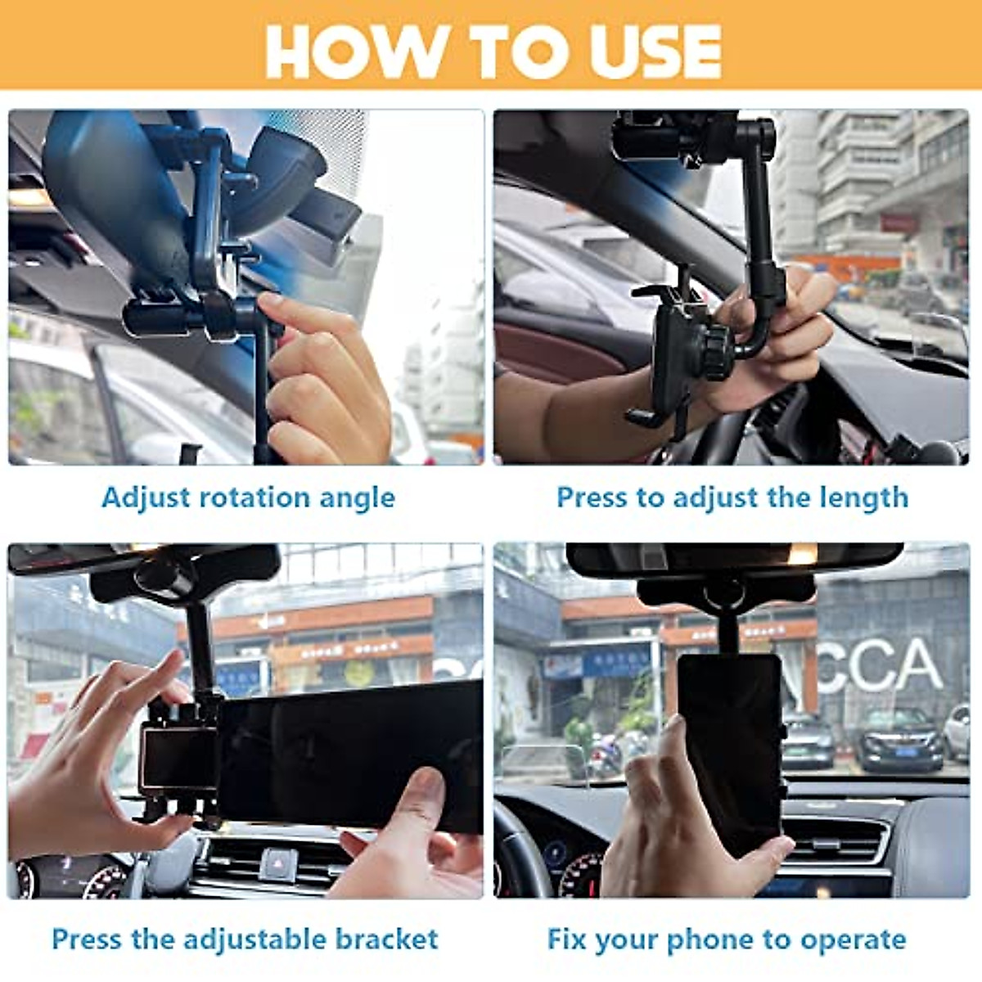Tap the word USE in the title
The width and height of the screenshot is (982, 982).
[x=647, y=51]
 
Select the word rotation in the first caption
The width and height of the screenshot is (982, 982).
[x=253, y=497]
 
